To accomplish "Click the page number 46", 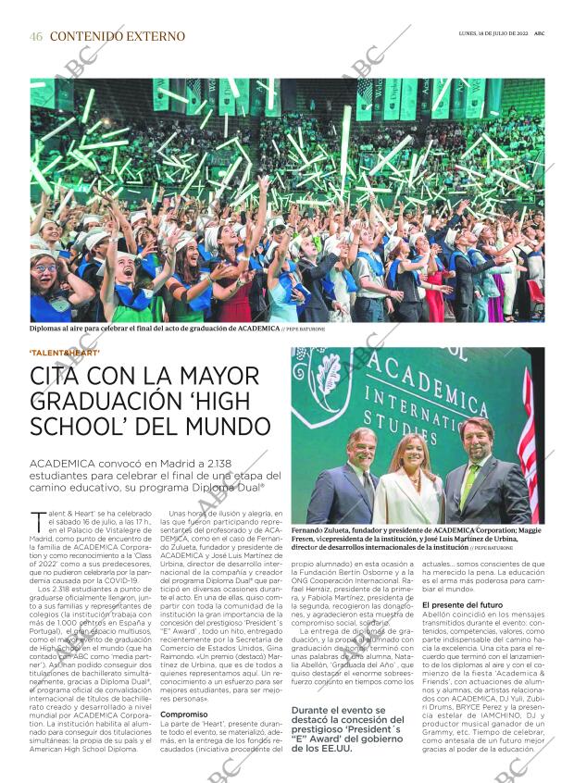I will tap(36, 36).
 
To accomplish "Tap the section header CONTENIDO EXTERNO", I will tap(117, 36).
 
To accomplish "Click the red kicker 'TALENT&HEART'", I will tap(65, 352).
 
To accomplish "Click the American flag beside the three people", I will tap(530, 454).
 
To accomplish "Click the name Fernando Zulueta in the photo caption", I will tap(321, 530).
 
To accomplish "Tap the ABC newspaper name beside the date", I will tap(538, 34).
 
